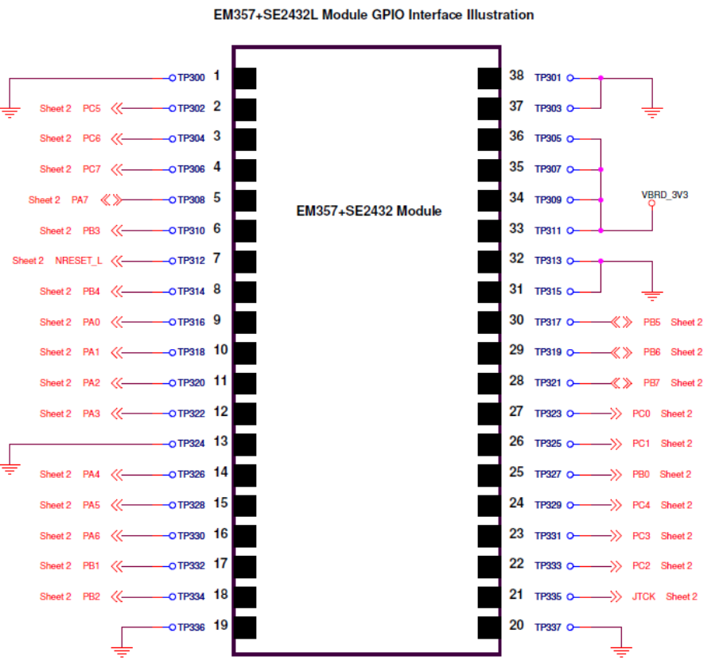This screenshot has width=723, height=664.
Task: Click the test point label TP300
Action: coord(192,78)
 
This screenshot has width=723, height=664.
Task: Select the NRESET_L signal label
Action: coord(79,261)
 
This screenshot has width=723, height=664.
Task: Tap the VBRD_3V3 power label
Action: coord(664,194)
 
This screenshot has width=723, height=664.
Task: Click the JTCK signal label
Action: coord(643,596)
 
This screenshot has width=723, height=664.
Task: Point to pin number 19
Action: coord(221,626)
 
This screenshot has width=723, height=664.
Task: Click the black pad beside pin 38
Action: coord(488,78)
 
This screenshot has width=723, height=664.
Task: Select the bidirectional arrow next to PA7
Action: coord(115,200)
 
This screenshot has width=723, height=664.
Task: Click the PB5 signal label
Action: coord(652,322)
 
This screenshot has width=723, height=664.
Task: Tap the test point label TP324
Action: coord(192,444)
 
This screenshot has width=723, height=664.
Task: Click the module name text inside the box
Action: coord(368,212)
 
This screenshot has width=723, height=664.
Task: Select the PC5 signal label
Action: coord(91,108)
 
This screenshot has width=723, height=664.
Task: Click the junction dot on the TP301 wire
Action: coord(601,78)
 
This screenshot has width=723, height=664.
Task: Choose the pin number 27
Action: coord(516,412)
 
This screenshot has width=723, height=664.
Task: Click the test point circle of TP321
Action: coord(569,382)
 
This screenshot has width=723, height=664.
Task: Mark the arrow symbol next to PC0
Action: coord(615,414)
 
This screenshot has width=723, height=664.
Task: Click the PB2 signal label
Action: coord(91,596)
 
